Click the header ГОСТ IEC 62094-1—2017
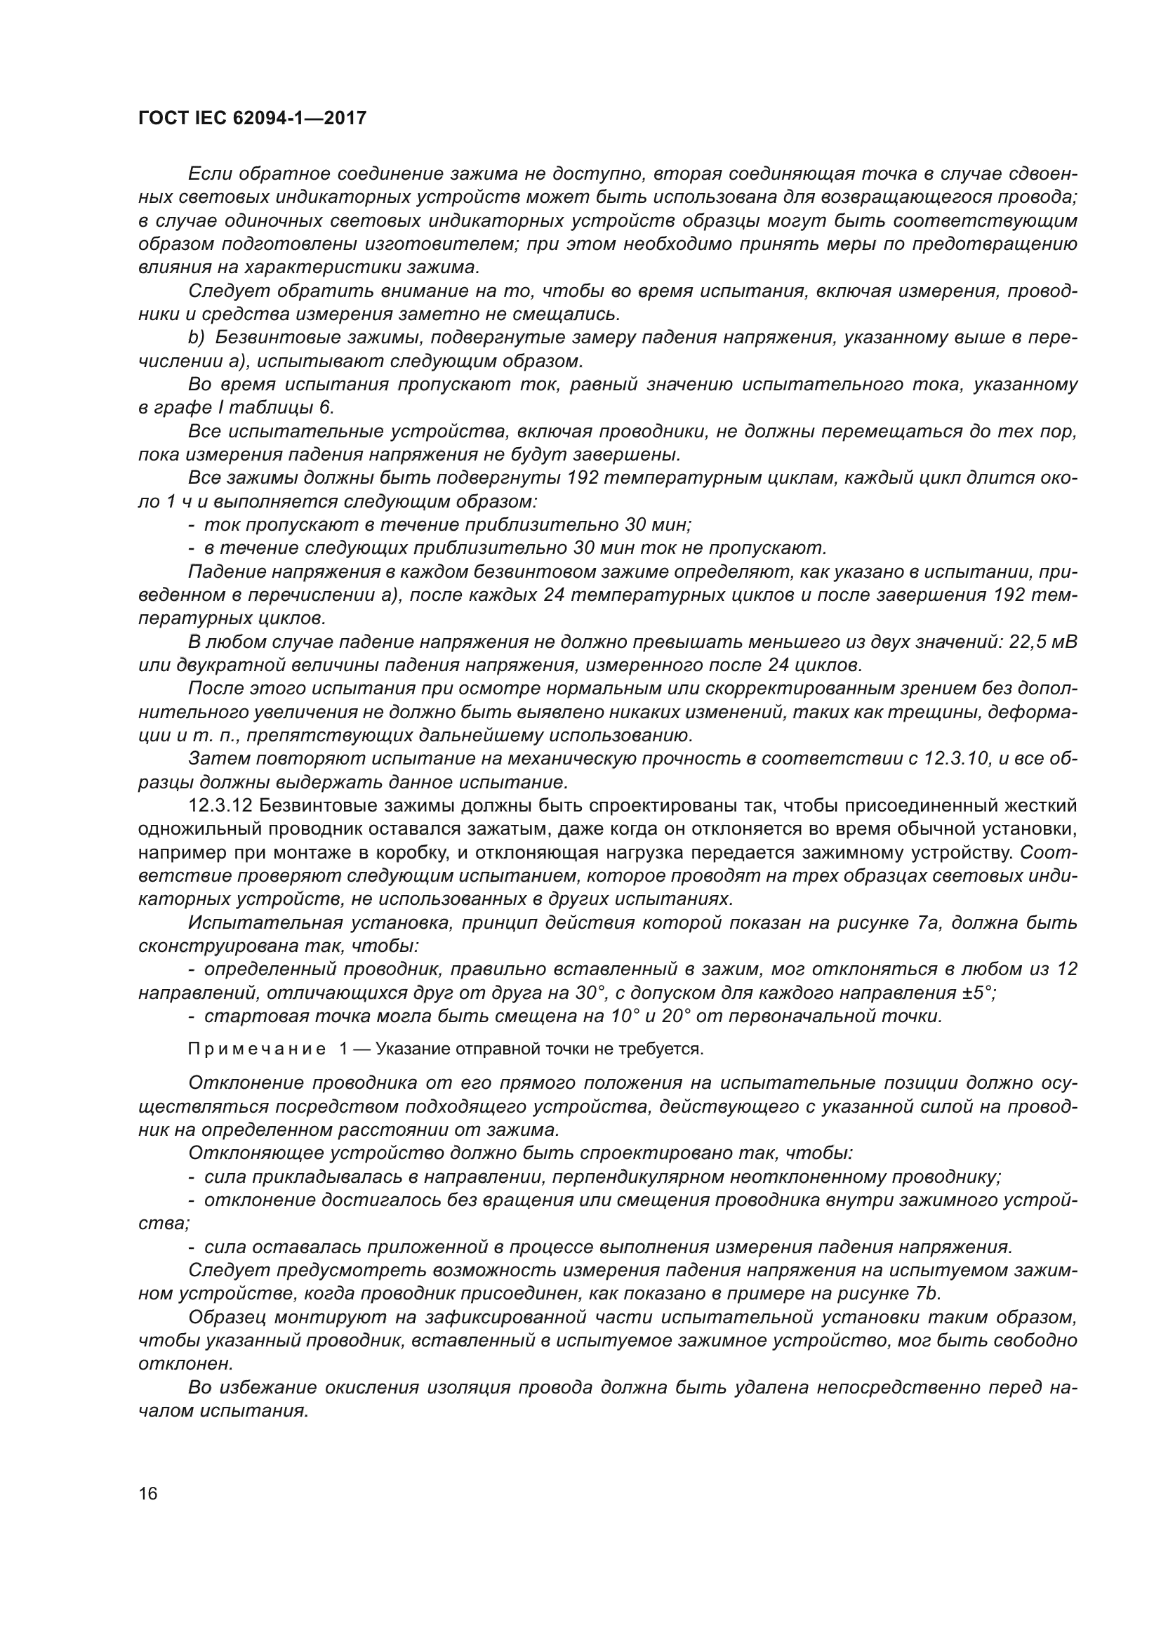pyautogui.click(x=253, y=118)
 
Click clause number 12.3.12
pyautogui.click(x=220, y=806)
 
